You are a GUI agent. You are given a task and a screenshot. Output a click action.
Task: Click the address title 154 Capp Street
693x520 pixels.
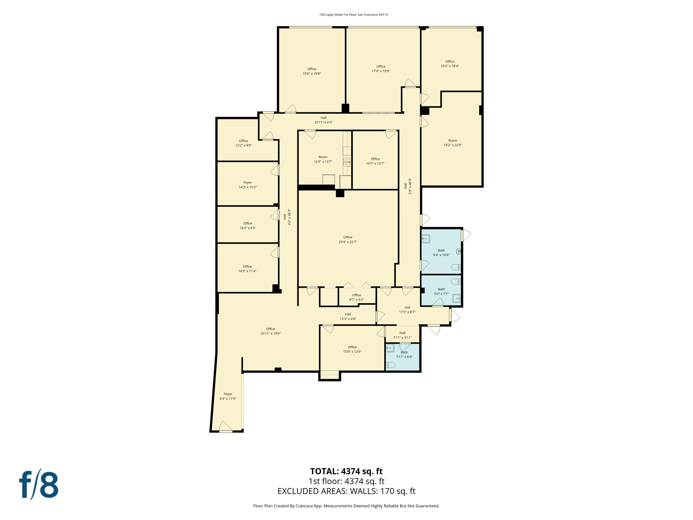click(353, 15)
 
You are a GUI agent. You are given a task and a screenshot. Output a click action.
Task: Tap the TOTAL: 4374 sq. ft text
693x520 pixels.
click(346, 471)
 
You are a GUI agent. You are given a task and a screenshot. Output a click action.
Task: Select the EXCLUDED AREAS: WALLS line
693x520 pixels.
click(346, 491)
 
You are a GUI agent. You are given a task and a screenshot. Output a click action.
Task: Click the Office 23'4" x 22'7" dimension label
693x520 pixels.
click(348, 240)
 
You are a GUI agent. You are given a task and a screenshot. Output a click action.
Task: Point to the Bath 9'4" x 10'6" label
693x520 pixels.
click(441, 253)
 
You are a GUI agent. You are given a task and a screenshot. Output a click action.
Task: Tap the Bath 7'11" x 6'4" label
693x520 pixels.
click(404, 354)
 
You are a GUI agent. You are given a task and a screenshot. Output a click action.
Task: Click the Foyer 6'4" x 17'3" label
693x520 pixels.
click(228, 396)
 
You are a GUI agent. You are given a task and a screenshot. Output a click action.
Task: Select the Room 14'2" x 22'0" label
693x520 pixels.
click(452, 143)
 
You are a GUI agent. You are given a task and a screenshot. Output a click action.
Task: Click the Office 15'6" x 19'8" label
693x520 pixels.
click(312, 71)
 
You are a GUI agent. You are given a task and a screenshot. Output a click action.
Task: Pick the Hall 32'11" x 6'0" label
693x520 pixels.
click(323, 120)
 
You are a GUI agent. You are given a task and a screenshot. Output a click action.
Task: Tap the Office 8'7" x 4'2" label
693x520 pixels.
click(356, 297)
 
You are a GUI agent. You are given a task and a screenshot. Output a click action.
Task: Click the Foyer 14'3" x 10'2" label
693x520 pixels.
click(247, 185)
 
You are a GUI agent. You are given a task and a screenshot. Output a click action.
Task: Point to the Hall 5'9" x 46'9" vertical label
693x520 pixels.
click(407, 186)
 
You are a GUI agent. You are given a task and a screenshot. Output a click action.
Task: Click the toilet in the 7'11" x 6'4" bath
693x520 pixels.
click(391, 365)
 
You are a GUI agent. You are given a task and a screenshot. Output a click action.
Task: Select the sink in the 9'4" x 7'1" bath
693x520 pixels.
click(456, 298)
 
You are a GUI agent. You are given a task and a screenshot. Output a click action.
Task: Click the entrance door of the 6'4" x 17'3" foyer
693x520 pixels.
click(226, 428)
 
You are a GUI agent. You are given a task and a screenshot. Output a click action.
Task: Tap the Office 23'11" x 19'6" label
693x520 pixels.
click(270, 331)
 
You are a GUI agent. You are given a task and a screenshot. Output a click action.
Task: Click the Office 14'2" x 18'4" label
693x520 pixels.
click(449, 64)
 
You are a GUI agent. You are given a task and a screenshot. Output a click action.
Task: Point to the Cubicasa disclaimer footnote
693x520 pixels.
click(346, 506)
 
